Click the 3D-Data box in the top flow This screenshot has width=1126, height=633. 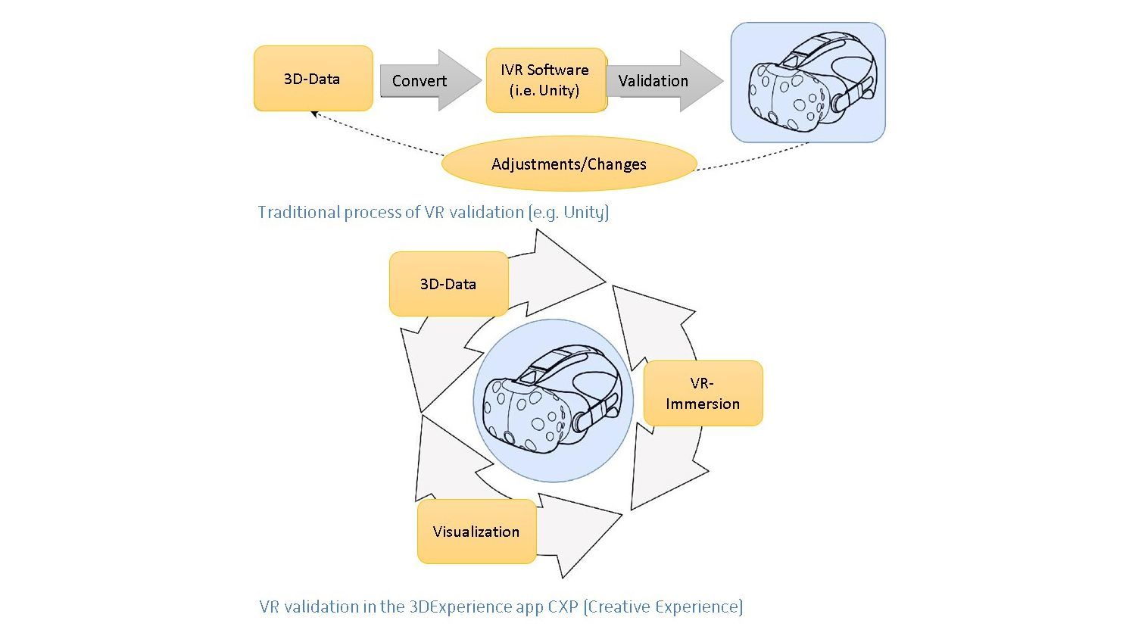coord(313,79)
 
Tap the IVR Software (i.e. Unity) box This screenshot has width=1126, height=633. coord(545,80)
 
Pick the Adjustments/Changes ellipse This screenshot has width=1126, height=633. coord(569,164)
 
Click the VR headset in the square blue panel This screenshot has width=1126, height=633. coord(809,83)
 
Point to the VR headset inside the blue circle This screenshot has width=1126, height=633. coord(554,402)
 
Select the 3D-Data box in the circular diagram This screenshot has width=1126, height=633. coord(448,284)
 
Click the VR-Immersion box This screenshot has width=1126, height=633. coord(703,393)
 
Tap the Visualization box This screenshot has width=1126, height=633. coord(476,532)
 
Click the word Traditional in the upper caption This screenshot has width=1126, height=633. coord(298,212)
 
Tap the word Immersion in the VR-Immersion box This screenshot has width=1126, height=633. coord(703,404)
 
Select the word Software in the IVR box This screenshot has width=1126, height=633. coord(558,70)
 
